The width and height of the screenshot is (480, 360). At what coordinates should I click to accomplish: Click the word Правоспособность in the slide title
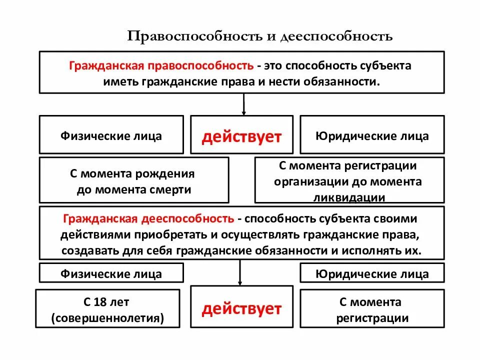193,36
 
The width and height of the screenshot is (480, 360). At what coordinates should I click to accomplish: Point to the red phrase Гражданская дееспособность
148,218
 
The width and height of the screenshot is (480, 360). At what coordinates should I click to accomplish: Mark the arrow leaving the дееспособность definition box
240,272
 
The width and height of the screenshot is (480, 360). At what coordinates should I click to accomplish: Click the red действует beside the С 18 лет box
241,309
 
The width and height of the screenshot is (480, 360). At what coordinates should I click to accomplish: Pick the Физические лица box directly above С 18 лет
111,273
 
